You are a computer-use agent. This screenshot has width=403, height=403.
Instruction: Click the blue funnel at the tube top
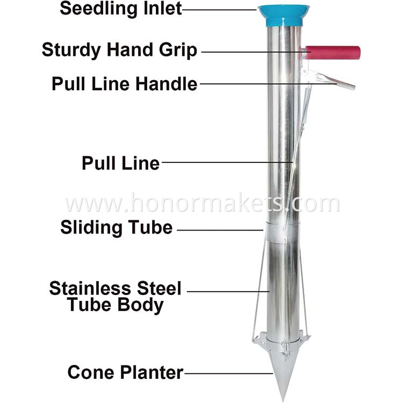click(x=284, y=16)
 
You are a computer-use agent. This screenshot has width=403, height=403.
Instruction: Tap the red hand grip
click(x=333, y=53)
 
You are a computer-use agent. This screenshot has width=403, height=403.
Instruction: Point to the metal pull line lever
click(x=334, y=81)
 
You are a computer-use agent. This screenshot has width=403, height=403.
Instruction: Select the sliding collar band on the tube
click(x=282, y=233)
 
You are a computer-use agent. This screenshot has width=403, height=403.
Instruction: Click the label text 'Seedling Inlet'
click(x=121, y=9)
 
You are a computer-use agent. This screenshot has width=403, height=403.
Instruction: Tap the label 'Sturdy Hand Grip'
click(x=119, y=50)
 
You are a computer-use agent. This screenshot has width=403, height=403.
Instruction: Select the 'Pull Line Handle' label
click(x=125, y=84)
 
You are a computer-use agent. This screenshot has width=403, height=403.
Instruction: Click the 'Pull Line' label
click(x=121, y=163)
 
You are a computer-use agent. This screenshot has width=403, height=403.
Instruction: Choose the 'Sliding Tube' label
click(x=117, y=228)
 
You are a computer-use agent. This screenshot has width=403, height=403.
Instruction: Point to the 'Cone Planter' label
click(x=125, y=372)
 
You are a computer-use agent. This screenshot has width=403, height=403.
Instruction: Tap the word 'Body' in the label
click(x=141, y=305)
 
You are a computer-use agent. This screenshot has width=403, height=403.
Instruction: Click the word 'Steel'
click(x=159, y=288)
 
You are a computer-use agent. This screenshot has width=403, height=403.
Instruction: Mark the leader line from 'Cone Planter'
click(x=229, y=373)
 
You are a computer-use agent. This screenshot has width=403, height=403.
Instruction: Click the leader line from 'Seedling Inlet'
click(x=219, y=10)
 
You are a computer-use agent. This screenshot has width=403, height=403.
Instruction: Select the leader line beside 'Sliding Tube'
click(x=220, y=230)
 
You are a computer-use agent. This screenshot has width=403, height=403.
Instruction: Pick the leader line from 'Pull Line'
click(x=227, y=162)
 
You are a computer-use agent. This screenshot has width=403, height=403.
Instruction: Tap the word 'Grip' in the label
click(x=178, y=50)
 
